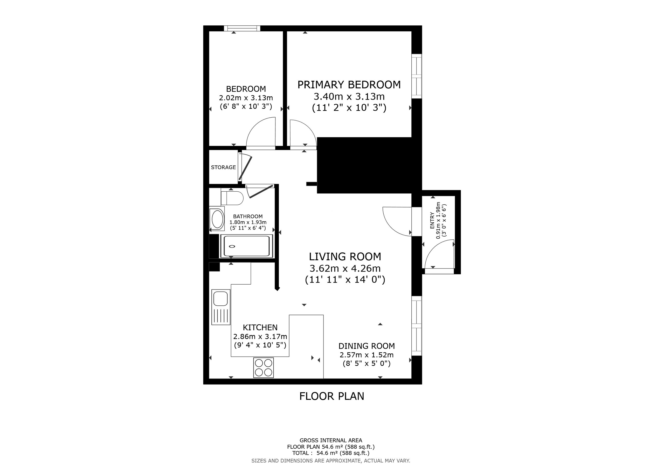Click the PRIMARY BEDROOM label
349,85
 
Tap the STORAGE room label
223,167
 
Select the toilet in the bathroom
232,198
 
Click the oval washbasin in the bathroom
217,219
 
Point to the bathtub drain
232,246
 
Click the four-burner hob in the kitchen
264,368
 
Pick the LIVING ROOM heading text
345,257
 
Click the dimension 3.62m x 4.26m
345,268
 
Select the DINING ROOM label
366,346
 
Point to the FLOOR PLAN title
332,396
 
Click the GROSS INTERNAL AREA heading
331,440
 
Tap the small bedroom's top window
242,28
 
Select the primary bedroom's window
417,76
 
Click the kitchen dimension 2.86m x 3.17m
260,337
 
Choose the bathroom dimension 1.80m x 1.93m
248,222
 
